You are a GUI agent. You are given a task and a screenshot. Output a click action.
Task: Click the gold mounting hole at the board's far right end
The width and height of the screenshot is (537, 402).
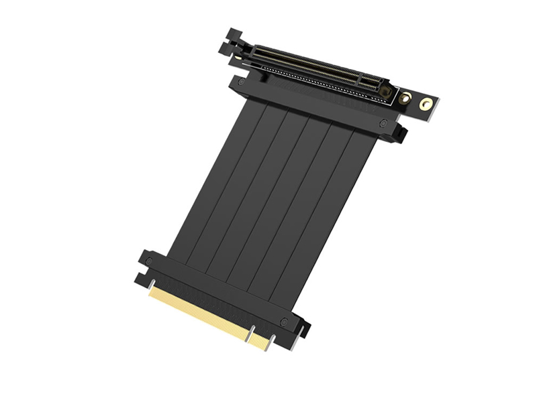426,104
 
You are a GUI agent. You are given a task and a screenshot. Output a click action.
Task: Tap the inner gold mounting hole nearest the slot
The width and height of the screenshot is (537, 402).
405,98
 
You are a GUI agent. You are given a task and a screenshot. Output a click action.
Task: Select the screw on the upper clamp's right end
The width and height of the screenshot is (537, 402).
383,123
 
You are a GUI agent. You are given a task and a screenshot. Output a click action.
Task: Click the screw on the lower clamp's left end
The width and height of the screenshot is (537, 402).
149,260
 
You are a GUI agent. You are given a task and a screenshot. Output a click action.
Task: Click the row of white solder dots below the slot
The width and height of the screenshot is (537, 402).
315,84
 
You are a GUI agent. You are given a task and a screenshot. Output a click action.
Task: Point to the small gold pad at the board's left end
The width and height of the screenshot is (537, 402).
236,57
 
